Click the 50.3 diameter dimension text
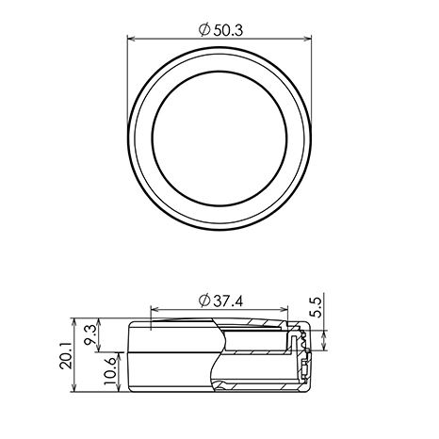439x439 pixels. [x=221, y=30]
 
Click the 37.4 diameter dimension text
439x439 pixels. [x=221, y=301]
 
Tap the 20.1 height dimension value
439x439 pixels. [x=66, y=356]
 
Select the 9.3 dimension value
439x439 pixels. [x=90, y=335]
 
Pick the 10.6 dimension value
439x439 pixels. [x=110, y=371]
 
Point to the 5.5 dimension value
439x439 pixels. [x=317, y=308]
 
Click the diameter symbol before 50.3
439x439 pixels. [x=204, y=30]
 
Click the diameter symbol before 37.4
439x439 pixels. [x=204, y=301]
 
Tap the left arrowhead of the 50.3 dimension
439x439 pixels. [x=131, y=39]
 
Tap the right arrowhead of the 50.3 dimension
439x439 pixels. [x=307, y=39]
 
